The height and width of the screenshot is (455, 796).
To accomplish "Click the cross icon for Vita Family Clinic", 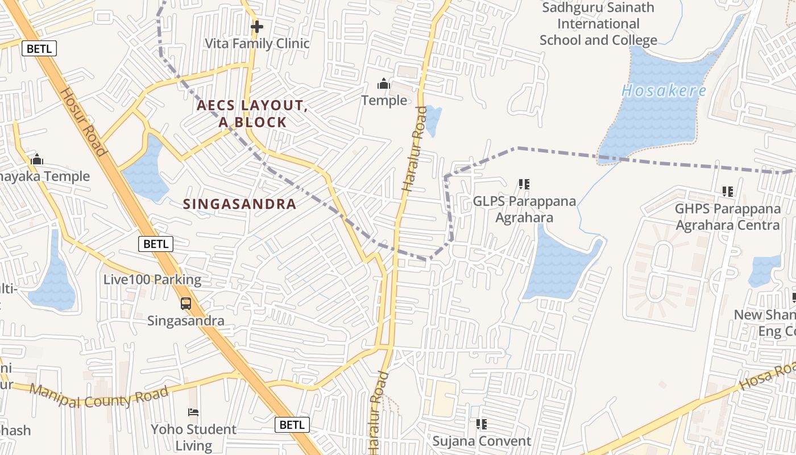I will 257,26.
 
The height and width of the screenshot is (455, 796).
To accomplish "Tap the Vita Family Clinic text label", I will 257,44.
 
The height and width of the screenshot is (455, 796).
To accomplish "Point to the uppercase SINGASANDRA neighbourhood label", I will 240,204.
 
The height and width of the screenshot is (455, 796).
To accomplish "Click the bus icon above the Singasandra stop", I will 186,304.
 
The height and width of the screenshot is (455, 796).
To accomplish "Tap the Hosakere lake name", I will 664,91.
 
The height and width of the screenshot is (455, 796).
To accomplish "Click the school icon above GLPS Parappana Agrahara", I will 524,184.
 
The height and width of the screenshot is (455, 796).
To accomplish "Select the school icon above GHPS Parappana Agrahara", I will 728,192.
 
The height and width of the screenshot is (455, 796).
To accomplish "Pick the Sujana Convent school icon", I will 482,424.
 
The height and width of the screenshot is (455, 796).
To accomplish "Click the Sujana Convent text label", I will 482,441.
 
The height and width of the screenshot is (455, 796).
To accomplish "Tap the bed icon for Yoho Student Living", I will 193,412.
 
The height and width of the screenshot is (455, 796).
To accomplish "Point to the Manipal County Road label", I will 99,396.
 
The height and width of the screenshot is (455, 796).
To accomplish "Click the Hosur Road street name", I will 83,122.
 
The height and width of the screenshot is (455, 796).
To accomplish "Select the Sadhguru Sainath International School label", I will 598,24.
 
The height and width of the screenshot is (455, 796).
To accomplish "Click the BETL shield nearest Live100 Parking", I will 156,244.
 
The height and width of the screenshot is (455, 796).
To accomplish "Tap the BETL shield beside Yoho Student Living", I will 292,424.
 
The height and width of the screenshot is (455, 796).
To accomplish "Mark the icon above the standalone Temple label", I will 384,84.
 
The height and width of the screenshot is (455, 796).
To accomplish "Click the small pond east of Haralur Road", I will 433,119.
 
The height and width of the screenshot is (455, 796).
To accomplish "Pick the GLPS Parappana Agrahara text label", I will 524,209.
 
